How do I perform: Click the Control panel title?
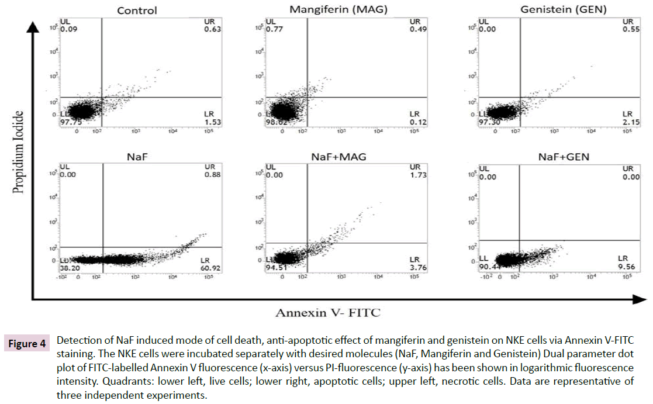coord(137,11)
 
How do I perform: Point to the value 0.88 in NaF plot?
coord(209,175)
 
